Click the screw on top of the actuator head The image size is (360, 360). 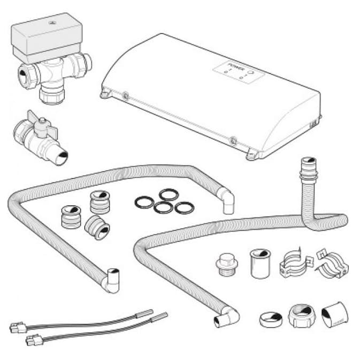point(51,23)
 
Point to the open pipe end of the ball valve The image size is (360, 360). point(62,157)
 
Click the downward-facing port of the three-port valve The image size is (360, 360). point(52,94)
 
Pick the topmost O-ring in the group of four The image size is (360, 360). point(169,195)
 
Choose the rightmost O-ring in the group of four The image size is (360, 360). point(185,208)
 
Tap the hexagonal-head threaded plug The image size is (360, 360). point(227,264)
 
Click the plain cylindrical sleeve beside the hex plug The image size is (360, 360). point(260,264)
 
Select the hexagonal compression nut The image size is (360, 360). point(302,316)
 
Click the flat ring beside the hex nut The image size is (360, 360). point(271,319)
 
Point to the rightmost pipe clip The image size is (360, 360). point(332,263)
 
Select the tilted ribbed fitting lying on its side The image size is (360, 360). point(97,227)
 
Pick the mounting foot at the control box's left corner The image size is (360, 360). point(105,94)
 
